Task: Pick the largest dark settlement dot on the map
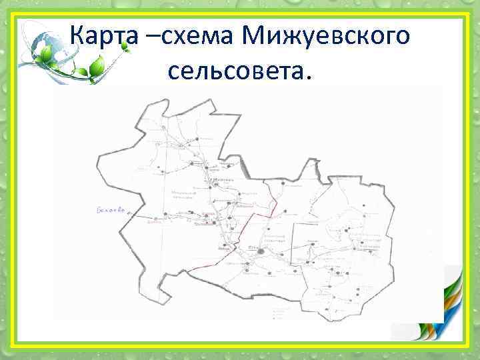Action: click(261, 252)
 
